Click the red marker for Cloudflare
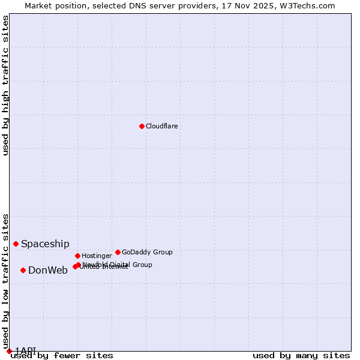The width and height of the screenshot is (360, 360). coord(142,126)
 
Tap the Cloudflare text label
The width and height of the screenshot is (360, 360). coord(161,126)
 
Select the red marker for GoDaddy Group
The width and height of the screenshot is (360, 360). coord(118,252)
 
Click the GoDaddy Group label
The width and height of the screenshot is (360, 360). coord(147,252)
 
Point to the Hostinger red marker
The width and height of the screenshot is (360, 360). coord(77,256)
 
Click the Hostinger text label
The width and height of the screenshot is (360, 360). coord(97,256)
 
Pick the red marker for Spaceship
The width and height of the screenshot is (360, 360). coord(16,244)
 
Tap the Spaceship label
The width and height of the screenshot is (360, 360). coord(45,244)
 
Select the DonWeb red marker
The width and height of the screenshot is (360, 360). coord(23,270)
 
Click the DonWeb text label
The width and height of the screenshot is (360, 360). coord(48,270)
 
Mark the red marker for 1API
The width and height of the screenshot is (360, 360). coord(9,351)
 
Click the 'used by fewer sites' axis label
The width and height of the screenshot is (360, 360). coord(62,355)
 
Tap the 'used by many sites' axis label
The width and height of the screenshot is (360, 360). coord(301,355)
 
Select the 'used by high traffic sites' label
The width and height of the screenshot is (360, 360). coord(6,85)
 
